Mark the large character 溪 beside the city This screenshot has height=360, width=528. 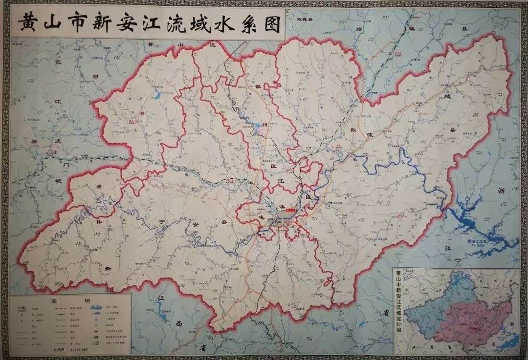tap(281, 207)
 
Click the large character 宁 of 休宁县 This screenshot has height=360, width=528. tap(162, 222)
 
